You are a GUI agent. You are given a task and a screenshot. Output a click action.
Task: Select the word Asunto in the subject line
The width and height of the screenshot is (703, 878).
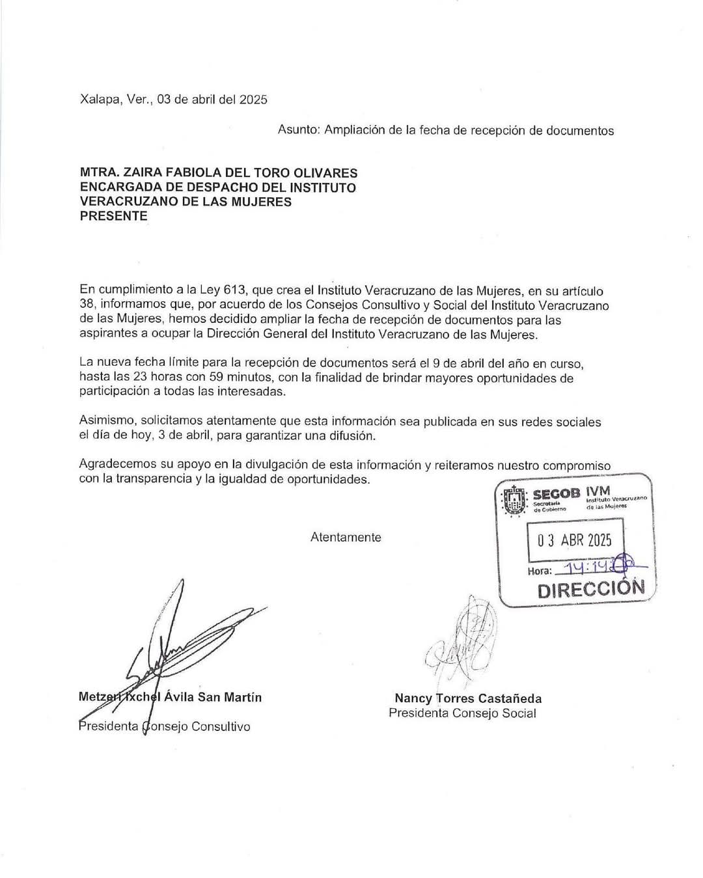(297, 130)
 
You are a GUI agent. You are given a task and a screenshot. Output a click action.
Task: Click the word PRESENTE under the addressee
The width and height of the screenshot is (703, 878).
(113, 216)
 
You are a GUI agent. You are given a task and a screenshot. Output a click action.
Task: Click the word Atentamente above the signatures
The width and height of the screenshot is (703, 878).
(346, 538)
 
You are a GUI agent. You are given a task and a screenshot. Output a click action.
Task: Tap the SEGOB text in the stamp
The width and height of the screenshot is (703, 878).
(556, 493)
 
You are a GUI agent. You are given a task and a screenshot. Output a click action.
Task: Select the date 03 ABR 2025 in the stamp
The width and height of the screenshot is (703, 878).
(575, 541)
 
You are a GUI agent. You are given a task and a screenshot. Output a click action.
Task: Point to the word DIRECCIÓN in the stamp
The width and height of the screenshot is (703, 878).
(591, 588)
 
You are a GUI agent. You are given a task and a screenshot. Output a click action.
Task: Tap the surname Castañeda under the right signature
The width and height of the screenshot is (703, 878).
(510, 699)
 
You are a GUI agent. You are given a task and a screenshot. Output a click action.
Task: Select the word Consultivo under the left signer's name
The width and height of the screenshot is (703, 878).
(220, 726)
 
